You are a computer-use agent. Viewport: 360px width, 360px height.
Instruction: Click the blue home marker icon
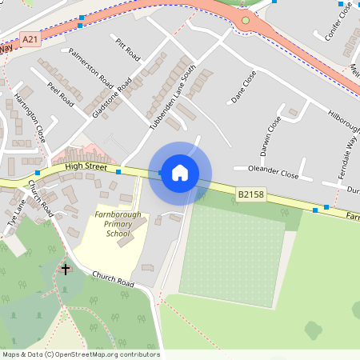click(x=180, y=173)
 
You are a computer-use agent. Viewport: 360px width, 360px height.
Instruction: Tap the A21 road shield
click(x=30, y=38)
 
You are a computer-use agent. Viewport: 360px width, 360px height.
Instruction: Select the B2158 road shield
click(x=250, y=194)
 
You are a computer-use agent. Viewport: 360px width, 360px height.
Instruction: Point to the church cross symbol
click(x=66, y=270)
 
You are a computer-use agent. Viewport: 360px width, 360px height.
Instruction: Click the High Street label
click(x=86, y=166)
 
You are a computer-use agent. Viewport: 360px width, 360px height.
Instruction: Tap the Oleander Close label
click(x=274, y=172)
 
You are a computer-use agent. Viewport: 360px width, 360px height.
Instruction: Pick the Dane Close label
click(x=243, y=87)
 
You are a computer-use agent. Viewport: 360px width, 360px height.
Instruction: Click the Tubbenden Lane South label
click(x=173, y=99)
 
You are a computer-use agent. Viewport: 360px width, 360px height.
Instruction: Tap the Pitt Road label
click(x=127, y=49)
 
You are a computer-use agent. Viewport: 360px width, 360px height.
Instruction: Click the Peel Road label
click(x=61, y=94)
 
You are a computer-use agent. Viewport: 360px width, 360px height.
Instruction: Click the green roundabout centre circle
click(x=246, y=20)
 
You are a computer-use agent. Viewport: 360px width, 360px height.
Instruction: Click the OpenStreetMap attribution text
click(x=81, y=354)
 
